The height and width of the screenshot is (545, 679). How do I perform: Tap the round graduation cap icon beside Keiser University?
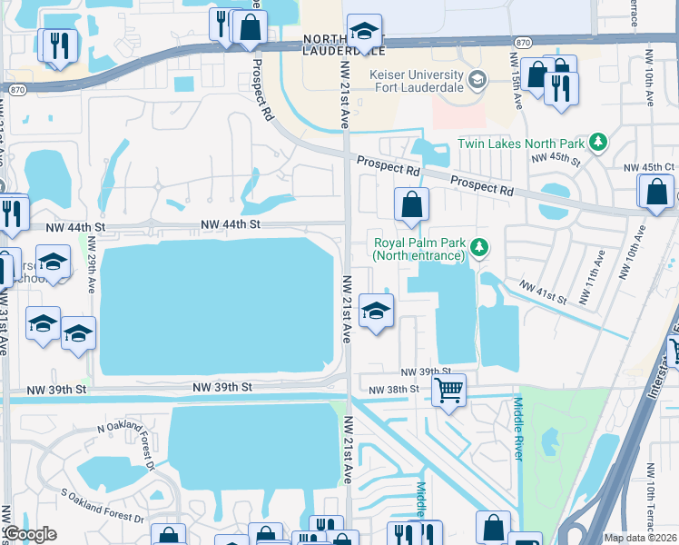tap(476, 82)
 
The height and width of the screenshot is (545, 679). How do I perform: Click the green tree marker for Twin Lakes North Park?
tap(597, 142)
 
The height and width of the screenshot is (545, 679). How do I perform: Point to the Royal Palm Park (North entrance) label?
tap(418, 249)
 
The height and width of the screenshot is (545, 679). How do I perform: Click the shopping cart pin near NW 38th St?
tap(448, 391)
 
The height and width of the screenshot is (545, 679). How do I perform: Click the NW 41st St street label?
tap(542, 292)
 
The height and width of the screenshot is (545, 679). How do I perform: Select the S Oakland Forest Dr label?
tap(102, 505)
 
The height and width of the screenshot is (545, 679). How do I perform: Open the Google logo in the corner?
tap(30, 534)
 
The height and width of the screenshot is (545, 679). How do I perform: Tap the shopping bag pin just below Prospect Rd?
tap(411, 205)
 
